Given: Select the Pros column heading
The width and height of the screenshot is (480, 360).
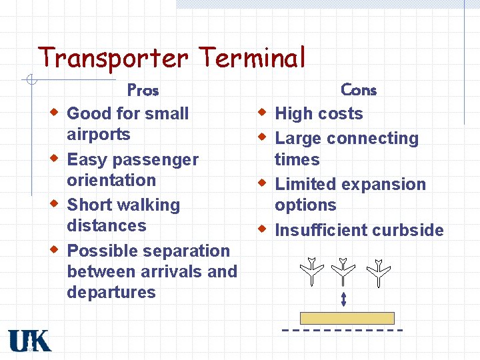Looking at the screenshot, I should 143,89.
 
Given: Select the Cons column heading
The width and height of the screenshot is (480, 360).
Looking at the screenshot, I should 359,89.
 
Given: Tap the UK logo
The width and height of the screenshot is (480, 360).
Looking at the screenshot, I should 29,341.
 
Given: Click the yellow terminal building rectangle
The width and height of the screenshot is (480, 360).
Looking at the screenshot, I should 347,318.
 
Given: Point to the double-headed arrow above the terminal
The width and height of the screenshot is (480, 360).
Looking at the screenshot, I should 343,299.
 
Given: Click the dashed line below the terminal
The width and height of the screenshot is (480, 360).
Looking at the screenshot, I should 343,330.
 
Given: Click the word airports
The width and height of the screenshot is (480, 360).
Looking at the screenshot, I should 99,135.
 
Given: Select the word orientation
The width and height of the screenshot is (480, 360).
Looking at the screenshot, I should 111,180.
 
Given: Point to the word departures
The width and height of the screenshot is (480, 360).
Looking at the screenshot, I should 111,292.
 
